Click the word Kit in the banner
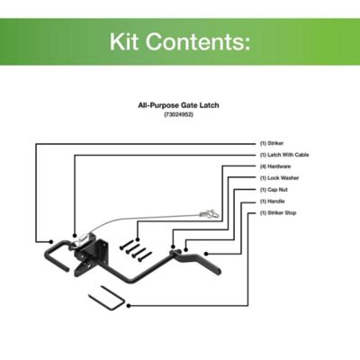pos(129,41)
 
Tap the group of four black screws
pos(136,248)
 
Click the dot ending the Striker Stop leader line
pos(130,305)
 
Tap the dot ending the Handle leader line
pos(204,254)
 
